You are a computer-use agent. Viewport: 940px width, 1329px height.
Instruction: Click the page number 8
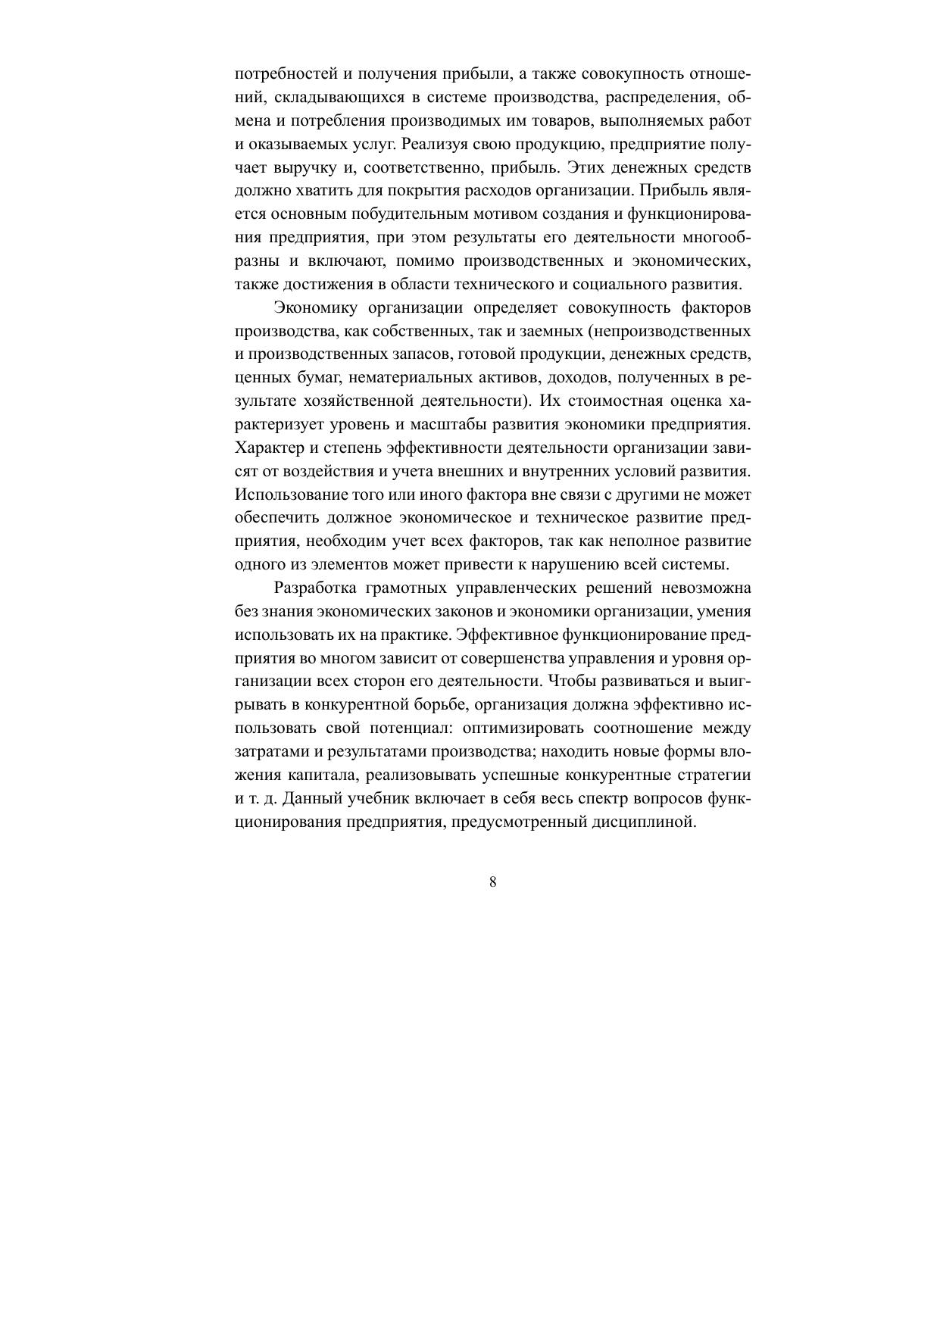[493, 881]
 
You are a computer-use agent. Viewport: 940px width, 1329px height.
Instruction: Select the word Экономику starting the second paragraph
[313, 308]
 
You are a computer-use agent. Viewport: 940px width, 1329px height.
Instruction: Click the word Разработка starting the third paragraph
[314, 588]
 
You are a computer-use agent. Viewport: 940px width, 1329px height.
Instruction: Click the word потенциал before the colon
[410, 728]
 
